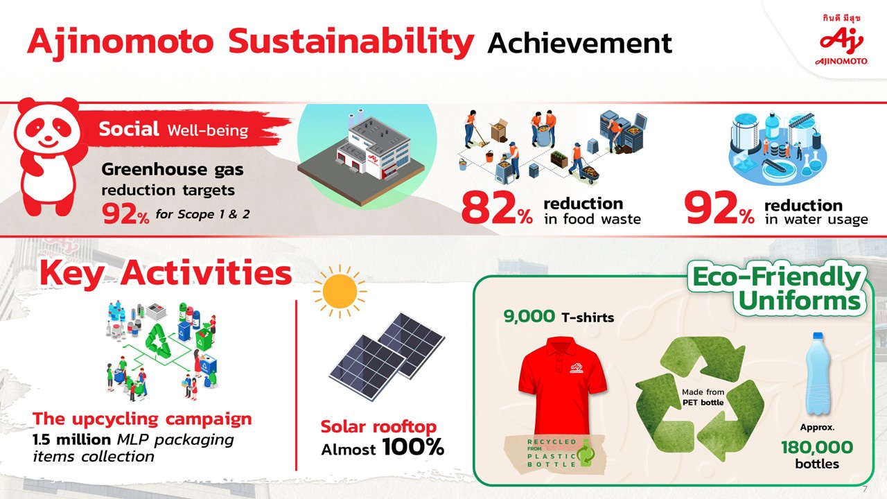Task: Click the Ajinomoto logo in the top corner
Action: coord(841,44)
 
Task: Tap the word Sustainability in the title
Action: coord(351,43)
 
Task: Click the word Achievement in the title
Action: coord(580,43)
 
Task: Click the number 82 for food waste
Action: coord(490,208)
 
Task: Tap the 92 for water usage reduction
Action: coord(711,208)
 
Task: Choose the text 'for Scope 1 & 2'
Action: coord(202,214)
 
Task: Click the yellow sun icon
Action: coord(340,292)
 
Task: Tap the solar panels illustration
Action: coord(387,356)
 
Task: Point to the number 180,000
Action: coord(817,447)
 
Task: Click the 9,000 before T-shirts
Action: coord(529,317)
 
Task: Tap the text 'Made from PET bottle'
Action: coord(703,397)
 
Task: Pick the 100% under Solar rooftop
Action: coord(413,448)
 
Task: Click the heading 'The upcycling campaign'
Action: coord(142,419)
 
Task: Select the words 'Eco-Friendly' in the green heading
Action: coord(777,277)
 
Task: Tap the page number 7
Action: coord(865,489)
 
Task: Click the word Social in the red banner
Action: coord(129,129)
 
